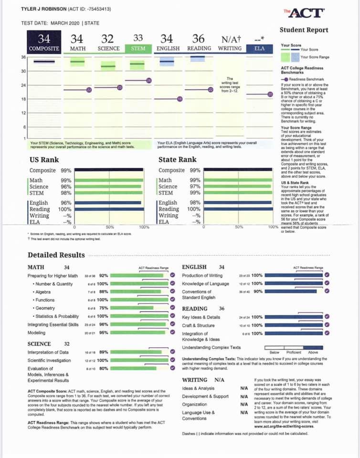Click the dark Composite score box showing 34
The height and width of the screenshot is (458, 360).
click(44, 42)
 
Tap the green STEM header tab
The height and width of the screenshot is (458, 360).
click(138, 48)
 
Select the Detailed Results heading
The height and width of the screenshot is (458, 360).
click(56, 255)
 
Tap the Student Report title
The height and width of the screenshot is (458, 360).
click(304, 30)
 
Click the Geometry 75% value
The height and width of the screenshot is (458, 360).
click(103, 308)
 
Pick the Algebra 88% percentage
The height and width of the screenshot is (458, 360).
click(103, 291)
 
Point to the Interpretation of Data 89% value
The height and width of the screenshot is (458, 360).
click(103, 352)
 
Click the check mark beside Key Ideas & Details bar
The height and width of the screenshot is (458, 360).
click(327, 317)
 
